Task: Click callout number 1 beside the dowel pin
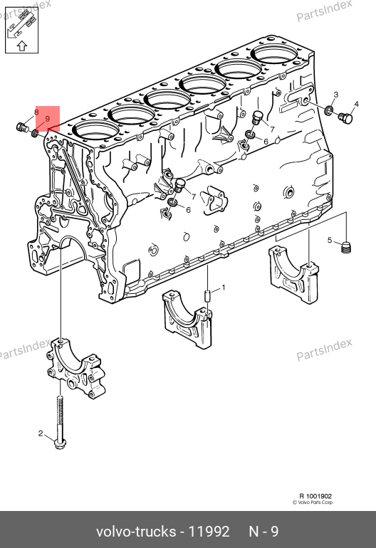[224, 288]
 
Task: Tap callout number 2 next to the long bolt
[41, 433]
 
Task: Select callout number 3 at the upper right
[336, 95]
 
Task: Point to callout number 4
[356, 104]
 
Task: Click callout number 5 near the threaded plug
[330, 240]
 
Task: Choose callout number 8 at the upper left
[36, 112]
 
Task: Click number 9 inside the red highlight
[48, 119]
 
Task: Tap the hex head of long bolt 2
[60, 443]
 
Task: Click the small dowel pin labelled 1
[207, 295]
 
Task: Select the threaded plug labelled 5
[345, 248]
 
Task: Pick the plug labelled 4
[346, 118]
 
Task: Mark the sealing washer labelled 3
[328, 111]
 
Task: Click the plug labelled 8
[22, 127]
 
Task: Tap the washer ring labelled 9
[35, 133]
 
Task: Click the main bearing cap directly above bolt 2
[76, 368]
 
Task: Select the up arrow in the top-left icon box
[21, 46]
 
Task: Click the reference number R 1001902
[315, 496]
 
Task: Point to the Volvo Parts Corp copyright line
[313, 502]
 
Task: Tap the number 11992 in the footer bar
[209, 532]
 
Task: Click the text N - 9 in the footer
[263, 532]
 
